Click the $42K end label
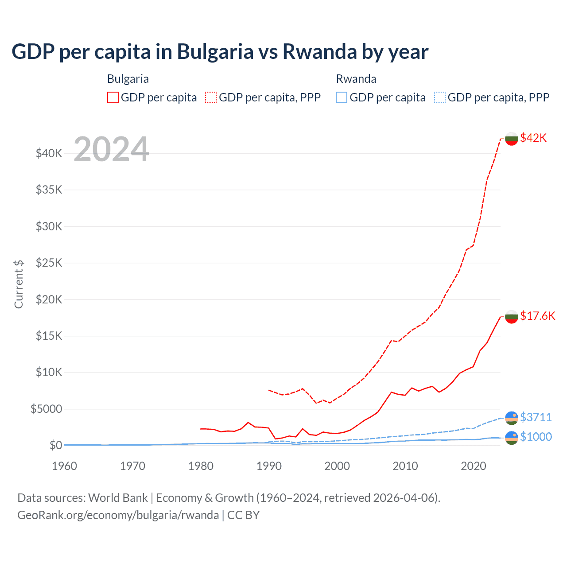point(533,138)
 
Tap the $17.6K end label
point(537,316)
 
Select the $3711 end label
point(536,417)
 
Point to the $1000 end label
point(536,437)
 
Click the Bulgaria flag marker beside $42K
point(512,139)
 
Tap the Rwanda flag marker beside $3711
point(512,418)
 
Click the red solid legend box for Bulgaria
point(113,97)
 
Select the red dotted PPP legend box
point(211,97)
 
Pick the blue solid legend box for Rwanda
point(342,97)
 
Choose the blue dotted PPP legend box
point(440,97)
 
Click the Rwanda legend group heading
point(356,79)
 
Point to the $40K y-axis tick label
point(49,154)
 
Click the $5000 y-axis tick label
point(46,409)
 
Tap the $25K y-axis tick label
point(49,263)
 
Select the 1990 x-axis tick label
point(269,466)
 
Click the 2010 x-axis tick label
point(405,466)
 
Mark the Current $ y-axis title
point(19,284)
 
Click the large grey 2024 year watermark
point(111,149)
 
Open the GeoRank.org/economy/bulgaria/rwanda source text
point(118,515)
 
